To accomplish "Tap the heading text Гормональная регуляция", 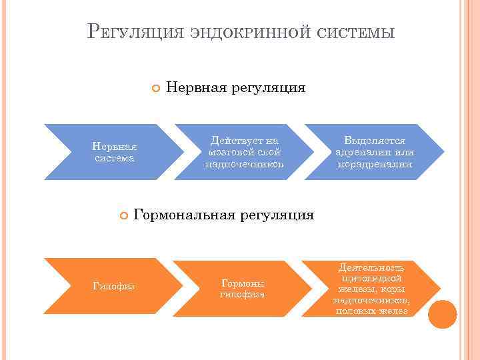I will click(x=224, y=215).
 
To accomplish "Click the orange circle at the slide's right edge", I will click(x=442, y=313).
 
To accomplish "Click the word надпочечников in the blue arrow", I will click(x=244, y=164).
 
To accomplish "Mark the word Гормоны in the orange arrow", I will click(x=238, y=283).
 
